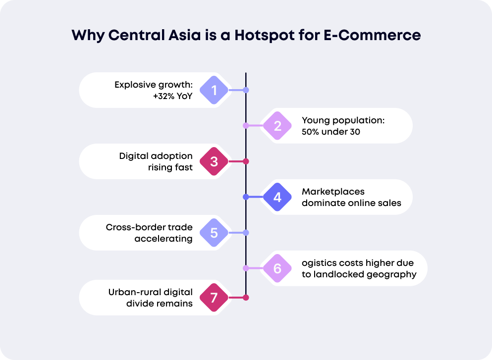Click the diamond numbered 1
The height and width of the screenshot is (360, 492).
pos(214,90)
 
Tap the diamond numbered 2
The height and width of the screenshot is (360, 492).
pos(277,126)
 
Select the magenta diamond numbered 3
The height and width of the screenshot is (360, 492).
pos(214,161)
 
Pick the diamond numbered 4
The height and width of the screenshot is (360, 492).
pos(277,197)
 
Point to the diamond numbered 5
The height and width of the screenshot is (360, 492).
pos(214,233)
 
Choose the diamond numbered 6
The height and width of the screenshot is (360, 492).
pos(277,268)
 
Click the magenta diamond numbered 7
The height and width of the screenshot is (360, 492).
pos(214,298)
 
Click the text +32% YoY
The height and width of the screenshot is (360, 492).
pos(172,96)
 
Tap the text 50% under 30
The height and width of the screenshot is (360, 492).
pos(330,132)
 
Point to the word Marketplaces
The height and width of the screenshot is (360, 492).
pos(333,191)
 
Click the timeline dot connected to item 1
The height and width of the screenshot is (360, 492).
pos(246,90)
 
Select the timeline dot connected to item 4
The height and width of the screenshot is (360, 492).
pos(246,197)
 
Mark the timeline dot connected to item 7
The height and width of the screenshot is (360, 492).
pos(246,298)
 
